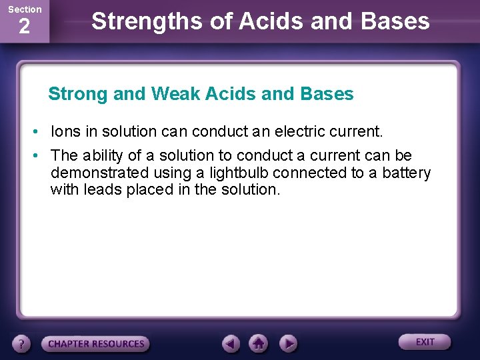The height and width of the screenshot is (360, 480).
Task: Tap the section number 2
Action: point(24,27)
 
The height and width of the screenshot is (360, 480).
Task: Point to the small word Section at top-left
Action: point(24,9)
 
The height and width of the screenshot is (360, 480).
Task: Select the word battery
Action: point(407,173)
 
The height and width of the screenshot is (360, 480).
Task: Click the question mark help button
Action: point(22,344)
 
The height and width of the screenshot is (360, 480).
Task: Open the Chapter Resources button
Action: point(95,344)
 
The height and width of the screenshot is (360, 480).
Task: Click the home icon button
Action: point(259,344)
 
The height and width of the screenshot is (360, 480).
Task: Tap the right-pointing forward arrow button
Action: point(287,344)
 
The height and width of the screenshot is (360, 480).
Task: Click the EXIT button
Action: point(425,342)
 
